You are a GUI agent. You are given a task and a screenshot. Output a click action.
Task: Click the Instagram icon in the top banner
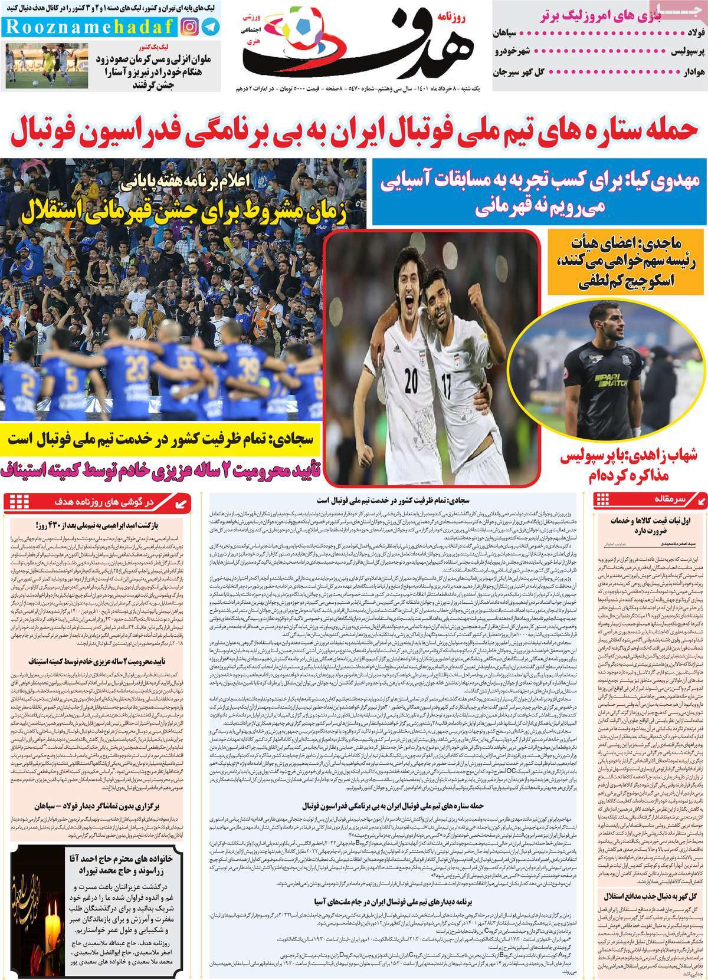coord(190,27)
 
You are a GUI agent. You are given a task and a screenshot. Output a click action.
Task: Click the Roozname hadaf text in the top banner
coord(89,27)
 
